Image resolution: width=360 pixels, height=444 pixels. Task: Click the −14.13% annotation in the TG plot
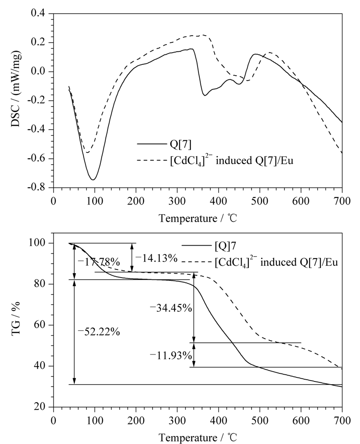[x=157, y=258]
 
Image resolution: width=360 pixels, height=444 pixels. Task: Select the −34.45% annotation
[x=171, y=308]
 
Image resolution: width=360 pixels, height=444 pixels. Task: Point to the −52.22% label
[x=98, y=332]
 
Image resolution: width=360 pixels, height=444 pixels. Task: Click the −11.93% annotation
[x=171, y=355]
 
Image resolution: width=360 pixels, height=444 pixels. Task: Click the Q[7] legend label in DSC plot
[x=180, y=144]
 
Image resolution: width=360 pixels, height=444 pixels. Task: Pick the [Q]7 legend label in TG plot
[x=225, y=246]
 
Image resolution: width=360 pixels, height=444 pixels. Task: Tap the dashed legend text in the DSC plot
[x=231, y=161]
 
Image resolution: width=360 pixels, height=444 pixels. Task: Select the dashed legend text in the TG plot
[x=276, y=262]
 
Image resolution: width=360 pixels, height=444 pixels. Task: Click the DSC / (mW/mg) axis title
[x=16, y=89]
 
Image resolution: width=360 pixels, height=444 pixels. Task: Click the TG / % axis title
[x=16, y=319]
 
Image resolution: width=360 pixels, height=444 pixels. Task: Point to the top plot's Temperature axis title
[x=198, y=218]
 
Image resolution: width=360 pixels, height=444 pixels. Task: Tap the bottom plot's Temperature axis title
[x=198, y=438]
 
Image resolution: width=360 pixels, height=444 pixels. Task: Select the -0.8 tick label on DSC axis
[x=38, y=188]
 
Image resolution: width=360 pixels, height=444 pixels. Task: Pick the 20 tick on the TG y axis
[x=42, y=407]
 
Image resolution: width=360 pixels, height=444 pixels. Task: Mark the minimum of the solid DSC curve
[x=93, y=180]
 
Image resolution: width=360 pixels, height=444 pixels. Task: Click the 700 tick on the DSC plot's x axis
[x=342, y=201]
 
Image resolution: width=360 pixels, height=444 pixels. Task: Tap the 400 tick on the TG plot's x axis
[x=218, y=421]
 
